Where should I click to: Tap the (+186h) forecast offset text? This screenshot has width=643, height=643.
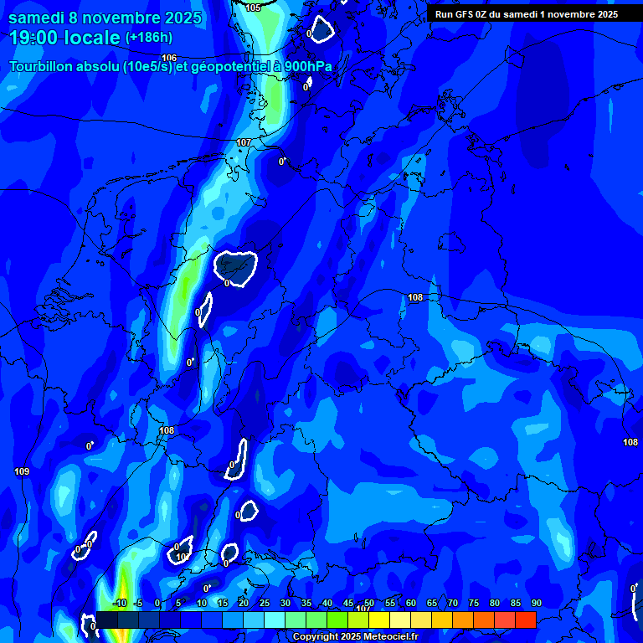click(x=149, y=38)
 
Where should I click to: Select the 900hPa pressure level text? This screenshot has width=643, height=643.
click(x=307, y=68)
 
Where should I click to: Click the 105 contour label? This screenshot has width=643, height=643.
click(x=253, y=8)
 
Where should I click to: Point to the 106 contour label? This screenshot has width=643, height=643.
click(x=169, y=58)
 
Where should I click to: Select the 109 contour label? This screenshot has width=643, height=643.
click(x=22, y=472)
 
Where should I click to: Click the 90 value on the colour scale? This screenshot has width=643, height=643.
click(x=536, y=604)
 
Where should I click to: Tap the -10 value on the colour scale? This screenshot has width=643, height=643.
click(x=119, y=604)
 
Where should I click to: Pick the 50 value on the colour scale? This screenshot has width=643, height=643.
click(x=369, y=604)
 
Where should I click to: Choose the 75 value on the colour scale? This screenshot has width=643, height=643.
click(x=474, y=604)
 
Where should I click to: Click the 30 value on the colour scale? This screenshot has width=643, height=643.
click(x=285, y=604)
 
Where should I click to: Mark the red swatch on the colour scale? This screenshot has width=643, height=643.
click(x=525, y=620)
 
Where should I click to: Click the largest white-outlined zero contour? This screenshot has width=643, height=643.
click(x=234, y=267)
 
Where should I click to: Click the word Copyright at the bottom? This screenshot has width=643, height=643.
click(x=317, y=637)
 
